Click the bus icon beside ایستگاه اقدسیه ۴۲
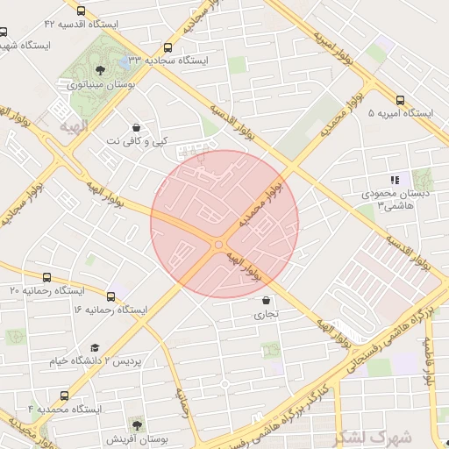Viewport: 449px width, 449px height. tap(82, 12)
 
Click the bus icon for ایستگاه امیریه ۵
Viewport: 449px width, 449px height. tap(401, 100)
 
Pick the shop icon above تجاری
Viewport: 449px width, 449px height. tap(266, 300)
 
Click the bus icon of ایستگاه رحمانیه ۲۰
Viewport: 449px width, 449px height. tap(46, 277)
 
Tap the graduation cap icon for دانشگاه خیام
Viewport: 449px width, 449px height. tap(95, 348)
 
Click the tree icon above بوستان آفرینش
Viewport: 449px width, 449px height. tap(136, 424)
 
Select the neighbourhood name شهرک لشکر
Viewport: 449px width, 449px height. tap(366, 436)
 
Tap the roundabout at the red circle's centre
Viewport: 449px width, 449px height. tap(217, 245)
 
